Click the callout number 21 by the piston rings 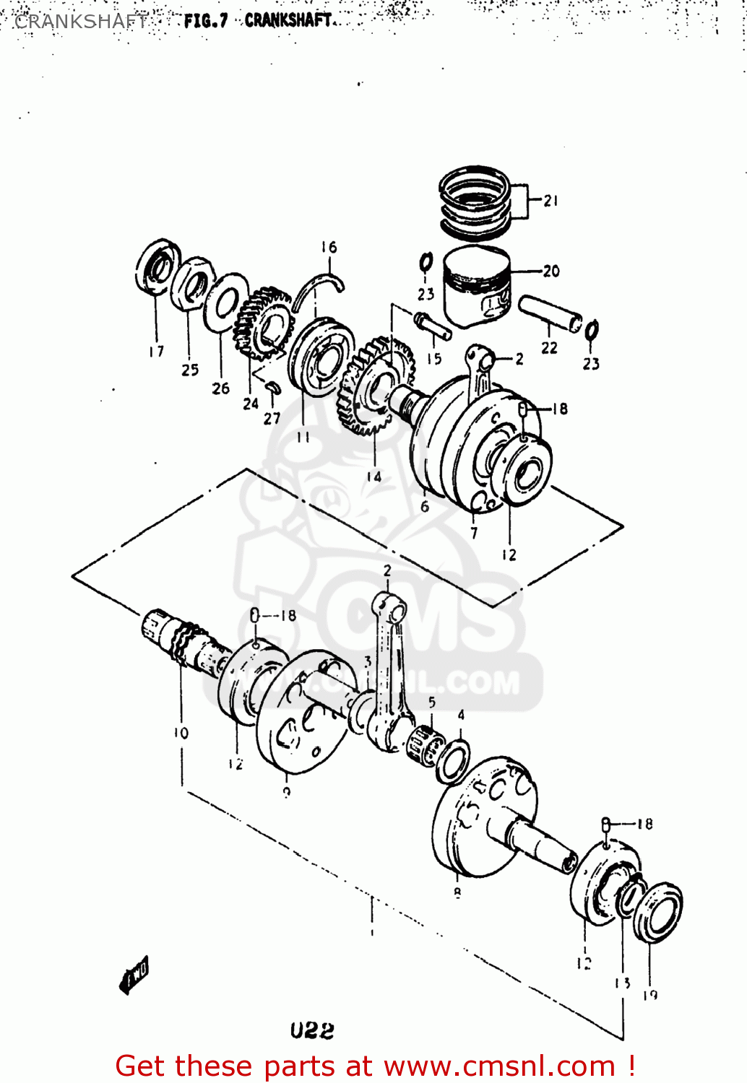pos(551,201)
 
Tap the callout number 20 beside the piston pos(551,271)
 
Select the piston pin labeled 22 pos(550,314)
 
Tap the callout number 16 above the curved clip pos(329,248)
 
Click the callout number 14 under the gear pos(373,477)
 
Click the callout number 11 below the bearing pos(303,438)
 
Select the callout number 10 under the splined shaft pos(181,734)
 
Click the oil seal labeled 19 pos(658,912)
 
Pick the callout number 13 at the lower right pos(623,983)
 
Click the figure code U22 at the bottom pos(312,1030)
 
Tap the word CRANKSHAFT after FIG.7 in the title pos(288,20)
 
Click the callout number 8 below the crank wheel pos(457,893)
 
